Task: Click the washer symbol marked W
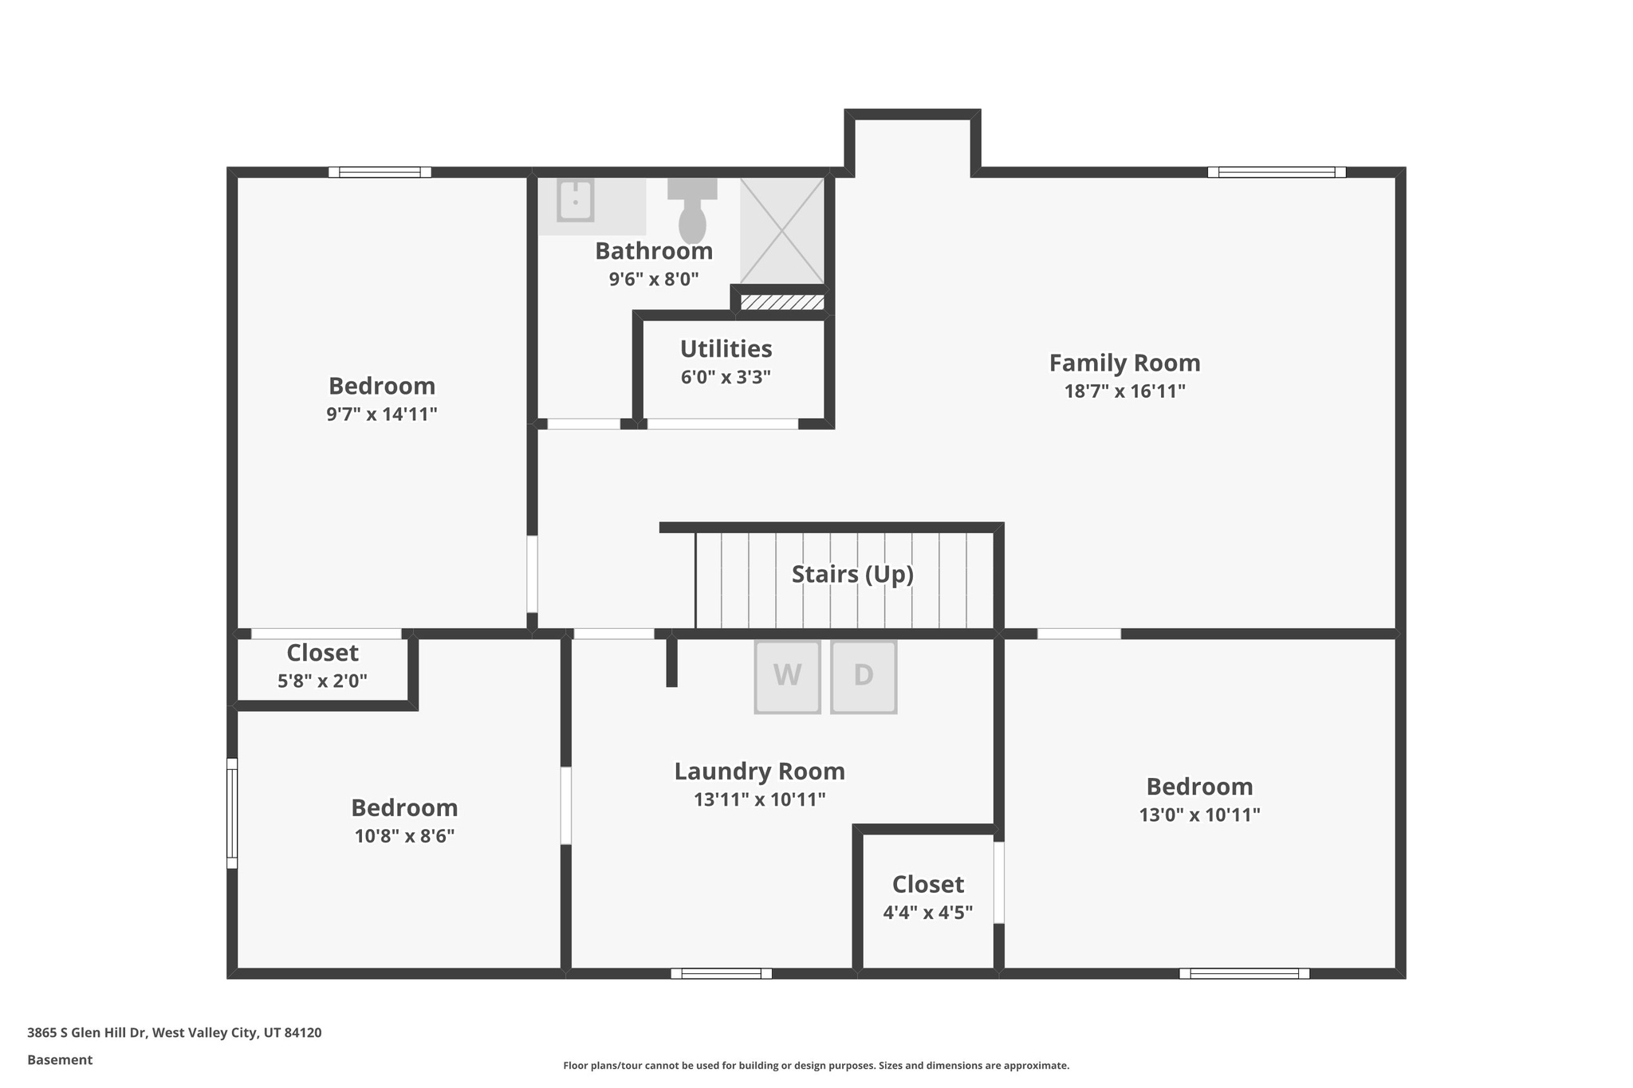click(x=787, y=676)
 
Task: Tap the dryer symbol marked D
click(x=864, y=676)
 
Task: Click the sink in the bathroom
click(x=575, y=200)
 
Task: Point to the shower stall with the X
click(x=781, y=230)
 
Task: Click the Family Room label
click(x=1124, y=363)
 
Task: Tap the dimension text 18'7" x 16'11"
click(x=1124, y=391)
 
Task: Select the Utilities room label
click(x=726, y=349)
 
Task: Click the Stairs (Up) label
click(x=852, y=574)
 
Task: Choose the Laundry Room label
click(x=759, y=772)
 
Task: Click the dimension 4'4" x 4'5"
click(x=927, y=913)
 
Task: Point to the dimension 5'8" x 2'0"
click(x=322, y=681)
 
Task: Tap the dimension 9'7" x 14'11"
click(x=381, y=414)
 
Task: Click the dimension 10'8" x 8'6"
click(x=404, y=836)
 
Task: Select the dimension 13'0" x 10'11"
click(x=1199, y=815)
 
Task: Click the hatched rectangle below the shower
click(x=781, y=302)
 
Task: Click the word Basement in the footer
click(x=60, y=1060)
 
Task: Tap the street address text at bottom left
click(x=174, y=1033)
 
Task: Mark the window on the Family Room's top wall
click(x=1276, y=172)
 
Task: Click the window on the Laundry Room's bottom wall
click(x=721, y=973)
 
